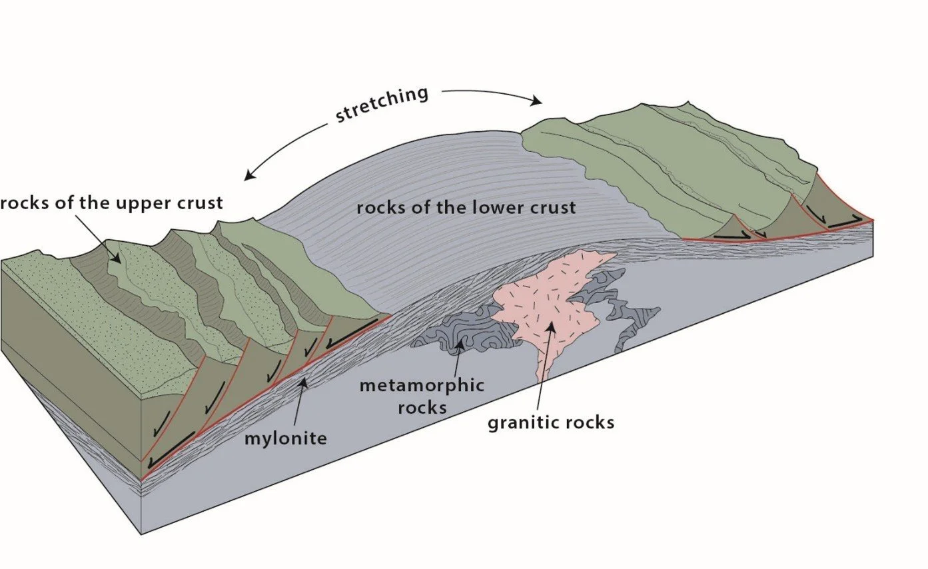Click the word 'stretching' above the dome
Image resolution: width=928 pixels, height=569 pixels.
(x=382, y=104)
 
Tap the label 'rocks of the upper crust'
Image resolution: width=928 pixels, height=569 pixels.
(x=111, y=203)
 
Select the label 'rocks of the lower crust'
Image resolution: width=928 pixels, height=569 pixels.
(x=466, y=207)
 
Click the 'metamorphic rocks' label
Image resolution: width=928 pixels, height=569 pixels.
(x=421, y=396)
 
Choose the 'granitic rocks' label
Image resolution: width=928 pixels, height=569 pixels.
(x=551, y=422)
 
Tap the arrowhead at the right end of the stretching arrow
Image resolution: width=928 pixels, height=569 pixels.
(x=536, y=102)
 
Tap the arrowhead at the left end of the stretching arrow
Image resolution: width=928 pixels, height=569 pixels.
(x=248, y=177)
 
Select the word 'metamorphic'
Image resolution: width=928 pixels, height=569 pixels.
(x=421, y=385)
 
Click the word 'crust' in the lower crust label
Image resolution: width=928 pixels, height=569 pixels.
(x=554, y=207)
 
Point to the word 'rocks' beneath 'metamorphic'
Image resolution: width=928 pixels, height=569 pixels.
(x=422, y=406)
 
